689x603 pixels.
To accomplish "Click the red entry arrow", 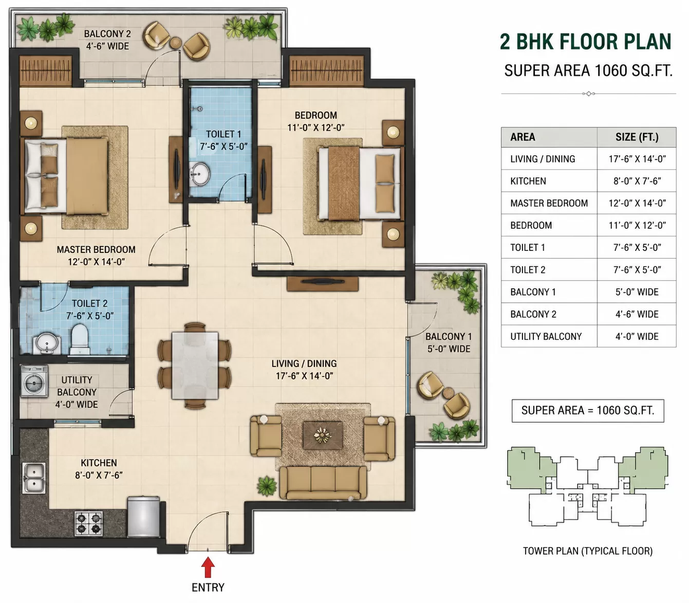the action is click(x=208, y=568).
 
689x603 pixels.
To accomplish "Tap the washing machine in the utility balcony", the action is click(x=34, y=381).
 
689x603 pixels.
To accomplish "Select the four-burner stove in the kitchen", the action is click(x=88, y=523).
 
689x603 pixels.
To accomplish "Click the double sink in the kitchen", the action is click(x=34, y=478).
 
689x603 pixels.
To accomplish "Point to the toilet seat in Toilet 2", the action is click(x=80, y=339).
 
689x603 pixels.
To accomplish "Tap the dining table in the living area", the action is click(x=195, y=366).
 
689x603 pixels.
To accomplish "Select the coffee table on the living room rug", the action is click(x=323, y=435).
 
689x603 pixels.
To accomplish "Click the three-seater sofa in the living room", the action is click(x=323, y=483).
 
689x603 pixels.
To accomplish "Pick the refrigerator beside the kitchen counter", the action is click(x=143, y=517).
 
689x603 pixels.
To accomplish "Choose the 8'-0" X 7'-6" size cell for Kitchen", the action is click(x=637, y=181).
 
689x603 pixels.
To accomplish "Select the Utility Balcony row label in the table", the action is click(x=546, y=336).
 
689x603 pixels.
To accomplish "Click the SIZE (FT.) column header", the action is click(x=637, y=137).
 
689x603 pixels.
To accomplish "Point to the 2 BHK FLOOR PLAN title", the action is click(x=585, y=42).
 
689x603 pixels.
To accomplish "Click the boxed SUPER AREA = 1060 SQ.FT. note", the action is click(x=588, y=410).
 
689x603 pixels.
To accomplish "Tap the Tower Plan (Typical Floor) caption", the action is click(x=588, y=551).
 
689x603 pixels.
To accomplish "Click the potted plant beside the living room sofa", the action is click(x=267, y=486).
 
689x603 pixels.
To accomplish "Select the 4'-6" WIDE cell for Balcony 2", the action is click(x=637, y=314).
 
